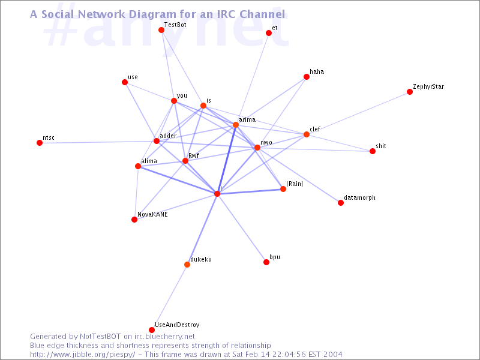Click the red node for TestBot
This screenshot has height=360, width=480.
tap(161, 30)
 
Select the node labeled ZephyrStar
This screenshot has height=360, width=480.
tap(410, 92)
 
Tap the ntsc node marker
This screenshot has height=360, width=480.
tap(40, 143)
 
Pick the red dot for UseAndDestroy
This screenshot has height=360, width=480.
tap(152, 329)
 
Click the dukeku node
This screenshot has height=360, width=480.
tap(187, 265)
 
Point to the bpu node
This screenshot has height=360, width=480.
tap(266, 262)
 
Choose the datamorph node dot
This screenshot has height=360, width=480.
tap(341, 203)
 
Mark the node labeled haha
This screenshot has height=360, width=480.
tap(307, 77)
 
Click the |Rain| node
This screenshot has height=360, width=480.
tap(283, 189)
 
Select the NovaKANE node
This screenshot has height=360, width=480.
tap(134, 220)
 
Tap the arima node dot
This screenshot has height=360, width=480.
tap(236, 125)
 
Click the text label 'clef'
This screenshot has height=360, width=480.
tap(315, 129)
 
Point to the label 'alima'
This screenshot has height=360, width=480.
tap(149, 161)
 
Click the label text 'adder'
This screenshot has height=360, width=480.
tap(168, 136)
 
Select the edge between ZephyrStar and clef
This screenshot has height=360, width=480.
tap(358, 113)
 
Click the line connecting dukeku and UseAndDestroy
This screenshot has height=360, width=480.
tap(169, 297)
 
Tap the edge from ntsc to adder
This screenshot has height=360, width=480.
tap(98, 142)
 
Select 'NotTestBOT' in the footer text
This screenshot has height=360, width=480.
tap(100, 337)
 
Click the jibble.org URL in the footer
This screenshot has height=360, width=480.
tap(83, 355)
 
